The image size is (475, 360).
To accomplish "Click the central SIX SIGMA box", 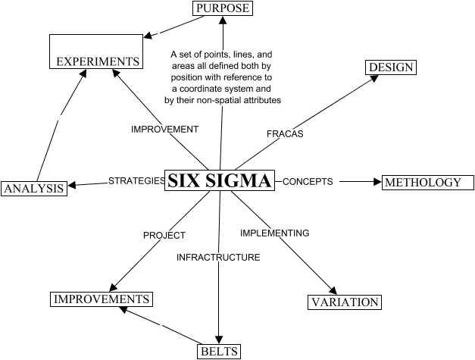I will point(219,181).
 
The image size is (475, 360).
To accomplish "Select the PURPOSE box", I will point(221,8).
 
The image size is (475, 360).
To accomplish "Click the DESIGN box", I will point(391,67).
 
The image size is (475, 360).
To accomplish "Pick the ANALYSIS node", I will point(33,188).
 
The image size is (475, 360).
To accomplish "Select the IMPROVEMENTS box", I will point(101,299).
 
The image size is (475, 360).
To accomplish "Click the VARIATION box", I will point(345,302).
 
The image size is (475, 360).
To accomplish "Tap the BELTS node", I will point(220,351).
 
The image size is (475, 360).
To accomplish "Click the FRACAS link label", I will point(285,133).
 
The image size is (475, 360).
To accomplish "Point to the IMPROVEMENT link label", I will point(164,129).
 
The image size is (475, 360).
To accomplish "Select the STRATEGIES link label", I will point(136,181).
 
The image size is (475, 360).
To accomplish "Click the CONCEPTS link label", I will point(308,182).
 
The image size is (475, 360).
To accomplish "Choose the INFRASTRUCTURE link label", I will point(218,258).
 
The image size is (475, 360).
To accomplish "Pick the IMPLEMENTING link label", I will point(274,233).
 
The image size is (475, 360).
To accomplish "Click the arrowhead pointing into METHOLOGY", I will point(377,182).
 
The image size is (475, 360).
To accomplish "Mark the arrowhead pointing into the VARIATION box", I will point(332,290).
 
